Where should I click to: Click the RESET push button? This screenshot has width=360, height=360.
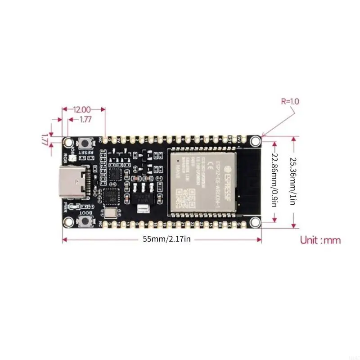[84, 143]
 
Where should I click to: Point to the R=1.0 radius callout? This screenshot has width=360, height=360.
[290, 102]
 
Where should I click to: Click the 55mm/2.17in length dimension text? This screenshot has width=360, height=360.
[167, 239]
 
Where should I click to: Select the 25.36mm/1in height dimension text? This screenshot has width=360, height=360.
[293, 181]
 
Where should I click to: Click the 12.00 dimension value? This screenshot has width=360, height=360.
[83, 109]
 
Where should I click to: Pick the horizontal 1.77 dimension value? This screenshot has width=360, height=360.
[85, 120]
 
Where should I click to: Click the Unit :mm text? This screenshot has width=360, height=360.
[320, 240]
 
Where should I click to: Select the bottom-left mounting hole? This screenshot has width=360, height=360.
[68, 222]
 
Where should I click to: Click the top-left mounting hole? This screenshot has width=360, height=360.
[68, 142]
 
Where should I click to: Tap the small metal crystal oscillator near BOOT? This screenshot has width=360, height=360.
[110, 213]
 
